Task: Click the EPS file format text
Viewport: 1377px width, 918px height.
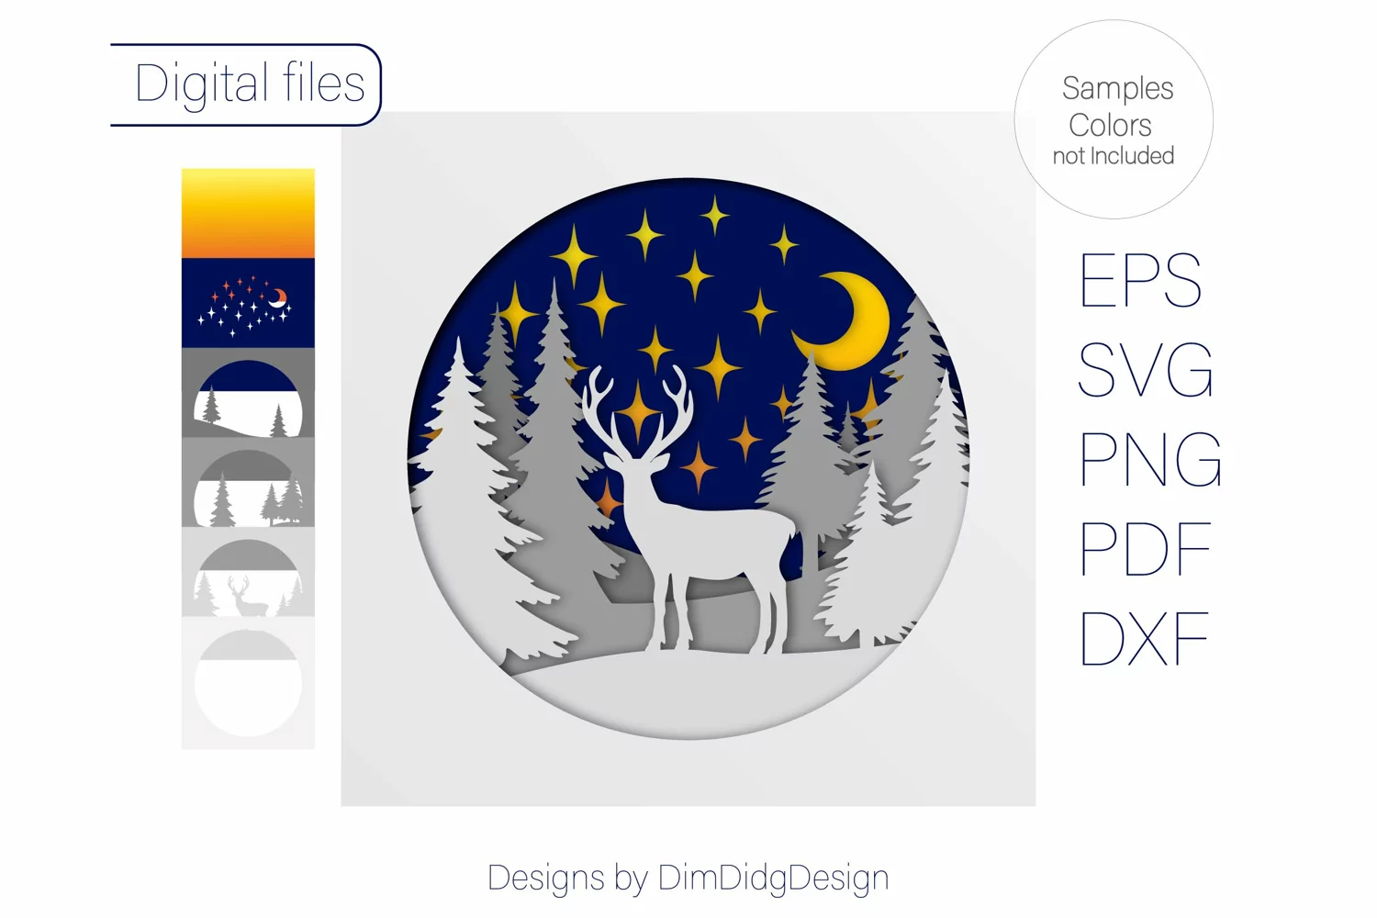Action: click(1140, 280)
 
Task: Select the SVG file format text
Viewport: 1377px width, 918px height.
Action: click(1146, 370)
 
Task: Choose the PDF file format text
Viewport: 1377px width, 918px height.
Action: click(1146, 548)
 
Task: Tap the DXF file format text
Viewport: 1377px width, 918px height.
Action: click(1144, 638)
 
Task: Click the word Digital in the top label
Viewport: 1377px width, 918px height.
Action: click(202, 84)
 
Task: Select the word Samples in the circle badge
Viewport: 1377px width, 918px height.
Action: click(1117, 88)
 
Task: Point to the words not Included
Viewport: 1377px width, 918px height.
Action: click(1114, 155)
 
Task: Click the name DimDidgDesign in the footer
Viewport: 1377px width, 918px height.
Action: click(773, 878)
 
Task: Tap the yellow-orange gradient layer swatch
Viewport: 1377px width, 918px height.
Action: click(248, 213)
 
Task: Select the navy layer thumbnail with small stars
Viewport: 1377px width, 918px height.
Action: click(248, 303)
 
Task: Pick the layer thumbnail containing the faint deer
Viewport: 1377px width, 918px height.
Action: click(248, 572)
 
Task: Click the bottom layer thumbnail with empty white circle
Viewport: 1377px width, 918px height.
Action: click(248, 682)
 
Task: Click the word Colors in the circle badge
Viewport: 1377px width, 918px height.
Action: click(1110, 126)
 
